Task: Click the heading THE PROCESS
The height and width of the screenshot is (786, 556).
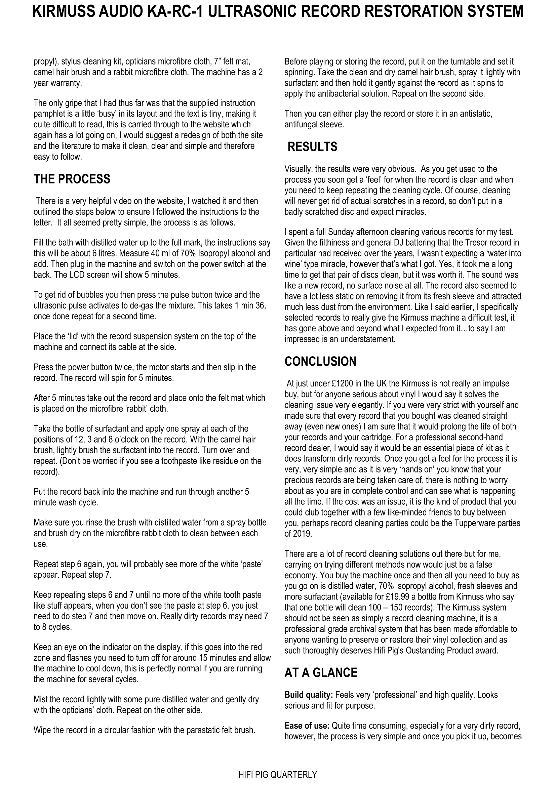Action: (x=72, y=179)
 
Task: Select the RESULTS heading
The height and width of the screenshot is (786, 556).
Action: (x=312, y=147)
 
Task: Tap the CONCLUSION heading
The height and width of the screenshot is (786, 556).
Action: (x=320, y=362)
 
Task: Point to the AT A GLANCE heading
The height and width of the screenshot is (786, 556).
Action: (x=321, y=673)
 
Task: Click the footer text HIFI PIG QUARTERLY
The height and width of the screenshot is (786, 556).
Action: (x=278, y=775)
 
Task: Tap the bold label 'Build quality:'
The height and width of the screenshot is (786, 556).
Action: (x=309, y=695)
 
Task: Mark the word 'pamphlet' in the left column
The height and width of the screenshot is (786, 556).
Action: (x=48, y=114)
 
